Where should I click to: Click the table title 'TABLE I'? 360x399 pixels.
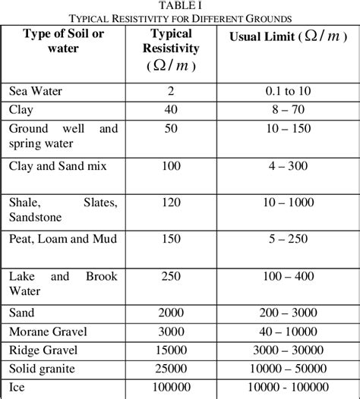pos(180,5)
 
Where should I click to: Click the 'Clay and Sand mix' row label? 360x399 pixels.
pos(58,165)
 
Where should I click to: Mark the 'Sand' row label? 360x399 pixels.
pos(23,313)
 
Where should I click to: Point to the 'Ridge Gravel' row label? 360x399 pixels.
pos(43,350)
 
